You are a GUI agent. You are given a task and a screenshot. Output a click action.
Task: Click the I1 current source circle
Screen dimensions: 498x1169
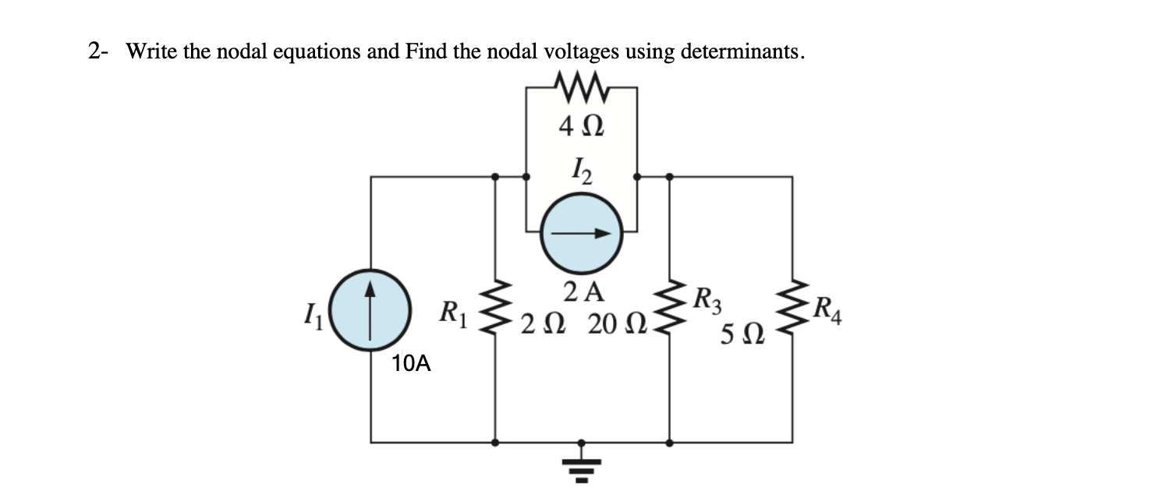pos(370,309)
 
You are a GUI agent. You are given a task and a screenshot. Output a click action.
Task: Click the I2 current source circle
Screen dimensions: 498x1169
pos(581,232)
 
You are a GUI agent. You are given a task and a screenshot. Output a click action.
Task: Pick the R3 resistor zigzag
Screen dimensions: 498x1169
pos(669,310)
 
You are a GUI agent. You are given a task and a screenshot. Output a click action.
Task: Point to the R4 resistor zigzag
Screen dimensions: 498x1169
pos(792,310)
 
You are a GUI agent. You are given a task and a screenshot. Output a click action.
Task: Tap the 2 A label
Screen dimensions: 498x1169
pos(583,291)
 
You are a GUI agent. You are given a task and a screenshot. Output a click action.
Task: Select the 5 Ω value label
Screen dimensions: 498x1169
pos(739,337)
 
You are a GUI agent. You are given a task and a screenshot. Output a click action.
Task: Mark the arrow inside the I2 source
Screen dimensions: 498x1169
pos(582,232)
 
